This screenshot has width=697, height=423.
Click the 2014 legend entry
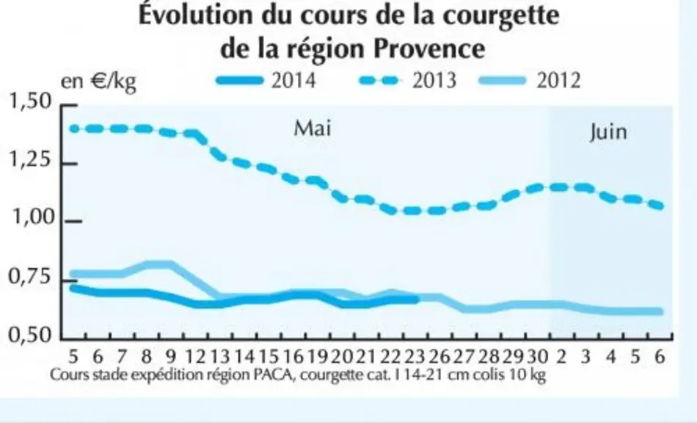coord(266,81)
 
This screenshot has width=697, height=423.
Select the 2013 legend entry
coord(408,81)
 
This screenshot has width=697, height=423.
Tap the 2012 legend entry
coord(530,81)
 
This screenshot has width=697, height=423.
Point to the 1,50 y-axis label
coord(30,101)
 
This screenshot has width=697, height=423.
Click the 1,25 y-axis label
coord(30,159)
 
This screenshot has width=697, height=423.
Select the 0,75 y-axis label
coord(30,277)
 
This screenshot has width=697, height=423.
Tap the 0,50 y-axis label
coord(30,334)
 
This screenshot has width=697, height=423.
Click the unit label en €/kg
coord(98,82)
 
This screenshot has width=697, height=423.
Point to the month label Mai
coord(313,128)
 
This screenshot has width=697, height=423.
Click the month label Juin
coord(608,132)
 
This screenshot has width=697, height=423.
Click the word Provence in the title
coord(428,48)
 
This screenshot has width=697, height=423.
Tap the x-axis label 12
coord(194,357)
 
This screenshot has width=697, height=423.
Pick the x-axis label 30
coord(537,357)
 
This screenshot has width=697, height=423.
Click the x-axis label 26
coord(439,357)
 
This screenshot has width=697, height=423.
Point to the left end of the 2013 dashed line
coord(74,129)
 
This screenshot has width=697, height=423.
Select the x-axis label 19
coord(317,357)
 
